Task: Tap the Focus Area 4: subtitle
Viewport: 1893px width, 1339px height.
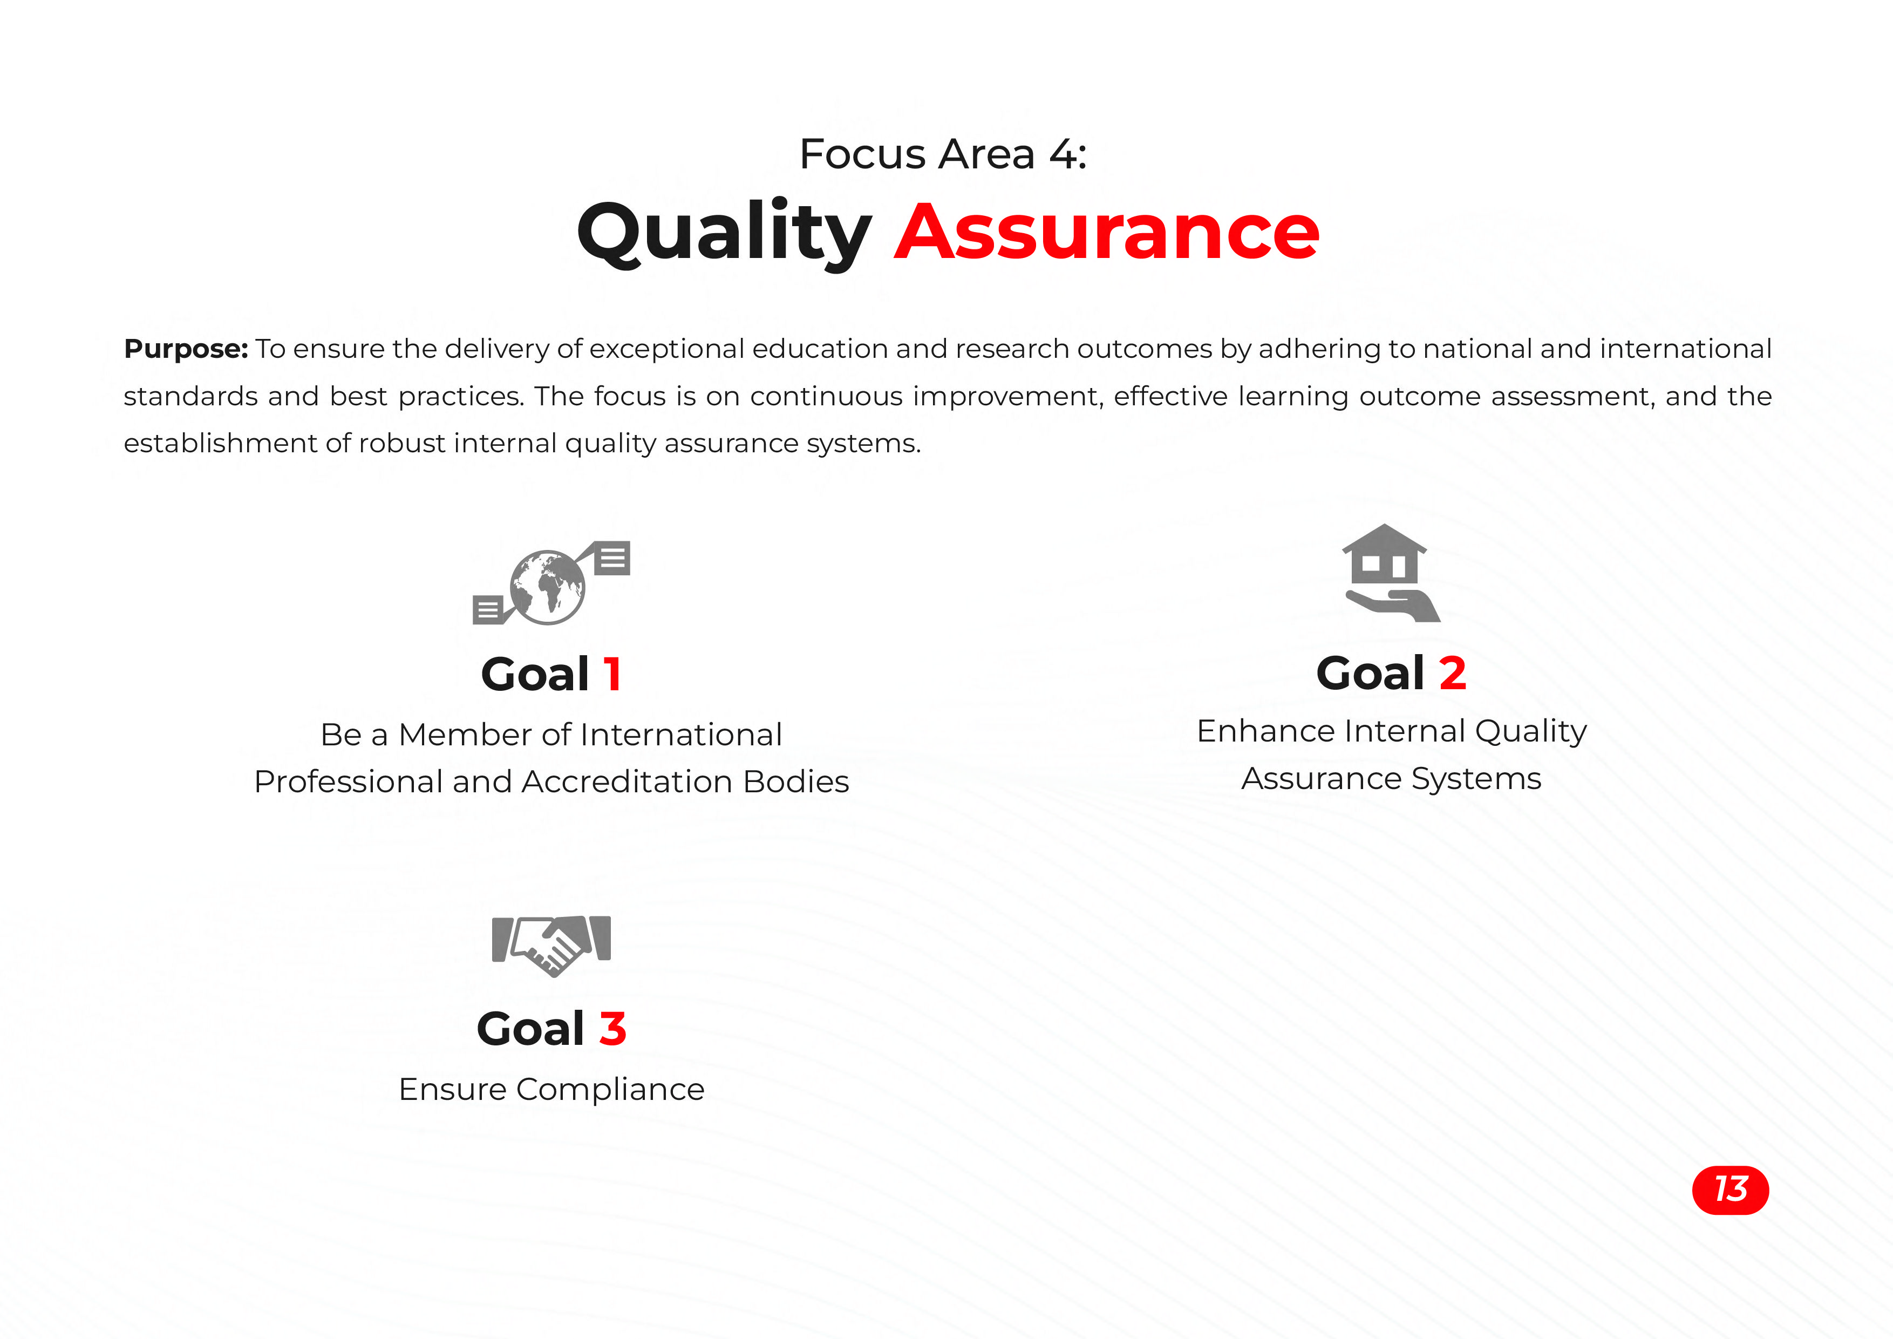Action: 943,154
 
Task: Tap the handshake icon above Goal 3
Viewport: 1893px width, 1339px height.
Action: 551,946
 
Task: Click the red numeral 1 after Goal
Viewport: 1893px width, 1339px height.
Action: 612,675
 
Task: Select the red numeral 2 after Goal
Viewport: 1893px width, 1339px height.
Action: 1453,673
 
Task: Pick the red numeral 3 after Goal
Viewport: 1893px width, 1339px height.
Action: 612,1029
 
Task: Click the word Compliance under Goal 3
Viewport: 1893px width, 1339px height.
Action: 610,1091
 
